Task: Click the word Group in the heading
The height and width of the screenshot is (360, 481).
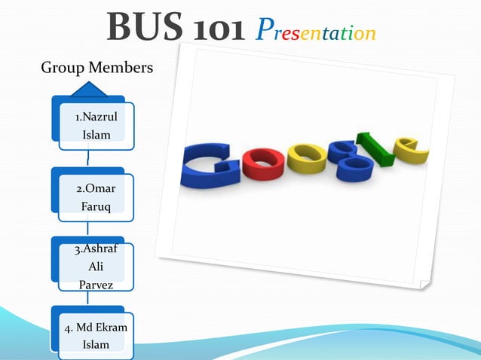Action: (x=62, y=68)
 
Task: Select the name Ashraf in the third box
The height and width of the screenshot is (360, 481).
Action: (x=98, y=249)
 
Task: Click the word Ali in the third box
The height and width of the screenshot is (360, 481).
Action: (x=96, y=267)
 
